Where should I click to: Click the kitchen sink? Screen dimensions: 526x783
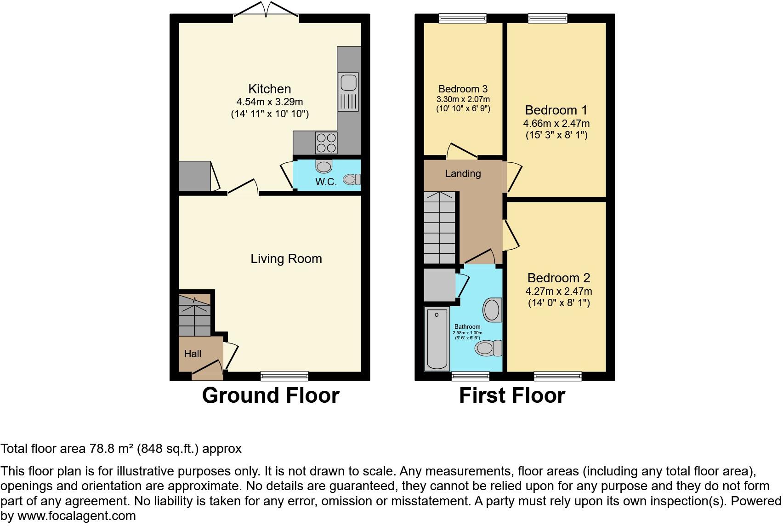[x=348, y=91]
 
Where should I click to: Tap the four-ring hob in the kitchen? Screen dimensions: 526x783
[x=326, y=142]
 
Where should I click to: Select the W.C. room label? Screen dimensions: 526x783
[x=326, y=182]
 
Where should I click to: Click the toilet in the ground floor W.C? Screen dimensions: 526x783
[x=352, y=179]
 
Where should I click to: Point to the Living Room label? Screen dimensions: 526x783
[x=286, y=259]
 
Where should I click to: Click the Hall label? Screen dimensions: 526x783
[x=193, y=354]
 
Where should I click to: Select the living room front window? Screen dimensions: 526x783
[x=284, y=376]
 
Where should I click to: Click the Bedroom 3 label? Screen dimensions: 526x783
[x=463, y=89]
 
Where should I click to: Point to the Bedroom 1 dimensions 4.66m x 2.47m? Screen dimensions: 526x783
[x=556, y=123]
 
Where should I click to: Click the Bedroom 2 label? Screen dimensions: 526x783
[x=558, y=278]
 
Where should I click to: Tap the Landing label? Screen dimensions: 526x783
[x=463, y=173]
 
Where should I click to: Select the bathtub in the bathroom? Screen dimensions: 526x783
[x=437, y=339]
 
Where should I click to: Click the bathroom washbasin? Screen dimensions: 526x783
[x=492, y=309]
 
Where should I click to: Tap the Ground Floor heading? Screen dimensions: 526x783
[x=270, y=395]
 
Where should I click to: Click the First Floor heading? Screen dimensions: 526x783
[x=512, y=395]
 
